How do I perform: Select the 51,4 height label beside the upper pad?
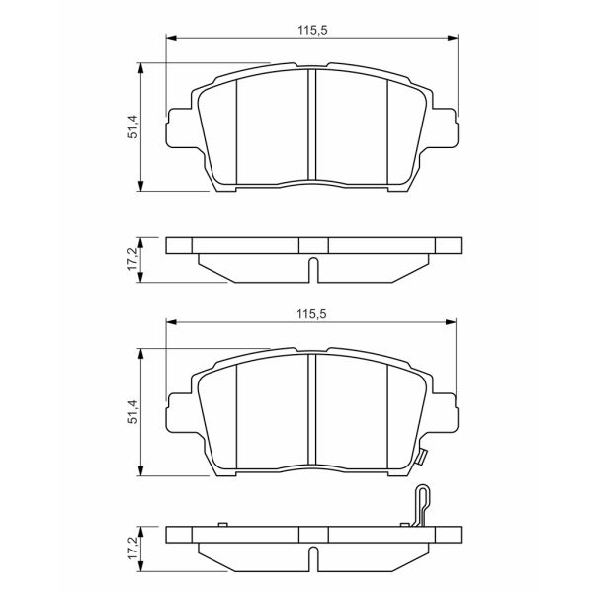pos(132,126)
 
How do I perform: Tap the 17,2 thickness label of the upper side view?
pos(132,259)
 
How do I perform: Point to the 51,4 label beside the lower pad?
pos(132,412)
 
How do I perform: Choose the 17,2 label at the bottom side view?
pos(132,548)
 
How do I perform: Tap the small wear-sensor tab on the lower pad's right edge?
pos(421,458)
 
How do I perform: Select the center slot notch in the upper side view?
pos(312,269)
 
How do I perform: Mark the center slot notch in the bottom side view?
pos(312,556)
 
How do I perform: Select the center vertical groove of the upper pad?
pos(312,126)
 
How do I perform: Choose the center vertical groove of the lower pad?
pos(312,412)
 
